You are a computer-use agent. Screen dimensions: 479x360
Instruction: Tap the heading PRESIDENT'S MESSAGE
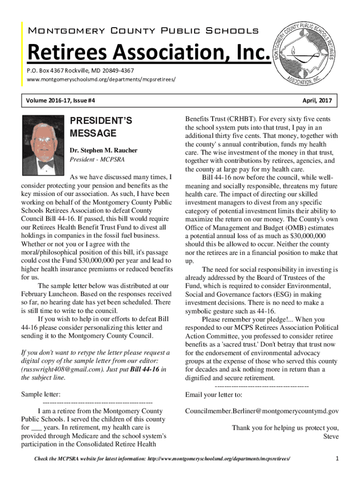[x=101, y=127]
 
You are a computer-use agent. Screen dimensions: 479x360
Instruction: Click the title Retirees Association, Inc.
[x=149, y=53]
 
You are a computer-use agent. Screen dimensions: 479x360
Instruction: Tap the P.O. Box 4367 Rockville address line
[x=80, y=70]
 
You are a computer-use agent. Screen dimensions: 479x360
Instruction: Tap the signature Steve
[x=331, y=436]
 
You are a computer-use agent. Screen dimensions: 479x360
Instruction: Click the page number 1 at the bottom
[x=337, y=459]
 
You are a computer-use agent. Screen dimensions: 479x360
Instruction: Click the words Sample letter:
[x=41, y=394]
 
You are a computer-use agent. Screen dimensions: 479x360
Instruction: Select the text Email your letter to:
[x=214, y=394]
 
